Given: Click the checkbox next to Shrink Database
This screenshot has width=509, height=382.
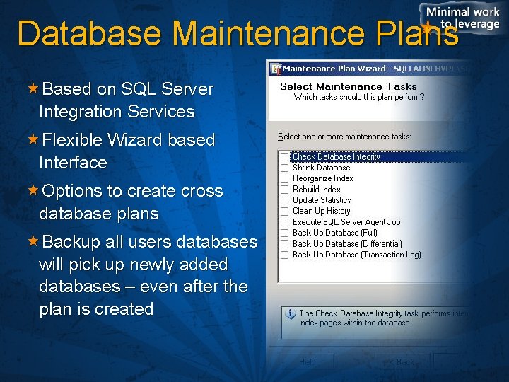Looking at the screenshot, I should [284, 168].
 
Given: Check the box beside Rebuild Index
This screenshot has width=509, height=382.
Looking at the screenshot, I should [284, 190].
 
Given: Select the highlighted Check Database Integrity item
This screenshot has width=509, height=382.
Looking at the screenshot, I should [336, 157].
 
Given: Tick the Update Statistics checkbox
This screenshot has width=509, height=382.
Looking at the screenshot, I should [284, 200].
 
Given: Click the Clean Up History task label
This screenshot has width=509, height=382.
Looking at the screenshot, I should [321, 211].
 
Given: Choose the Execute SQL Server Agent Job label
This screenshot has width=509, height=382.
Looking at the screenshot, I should [346, 222].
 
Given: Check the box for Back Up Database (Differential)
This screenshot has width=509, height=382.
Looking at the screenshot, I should [284, 243].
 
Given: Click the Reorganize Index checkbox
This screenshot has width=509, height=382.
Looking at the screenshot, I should [284, 178].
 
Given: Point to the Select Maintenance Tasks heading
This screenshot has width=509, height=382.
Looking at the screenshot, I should [349, 86].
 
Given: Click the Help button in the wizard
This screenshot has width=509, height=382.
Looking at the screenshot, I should [307, 361].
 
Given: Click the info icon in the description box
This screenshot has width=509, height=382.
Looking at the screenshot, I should [290, 313].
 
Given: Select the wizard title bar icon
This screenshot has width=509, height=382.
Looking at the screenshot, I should [275, 69].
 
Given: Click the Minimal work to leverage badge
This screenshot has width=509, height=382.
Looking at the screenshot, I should [462, 18].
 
